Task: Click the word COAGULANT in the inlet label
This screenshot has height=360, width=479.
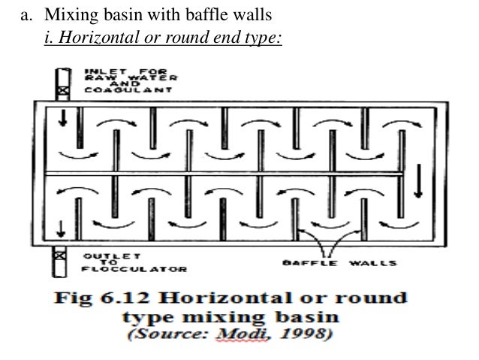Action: pyautogui.click(x=119, y=89)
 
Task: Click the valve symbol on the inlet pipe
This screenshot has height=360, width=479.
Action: pyautogui.click(x=63, y=91)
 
